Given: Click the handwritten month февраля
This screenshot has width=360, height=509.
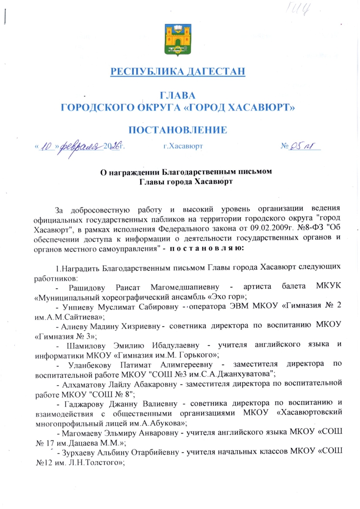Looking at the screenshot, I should (x=82, y=146).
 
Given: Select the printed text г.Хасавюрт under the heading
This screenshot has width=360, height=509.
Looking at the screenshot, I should (x=183, y=147).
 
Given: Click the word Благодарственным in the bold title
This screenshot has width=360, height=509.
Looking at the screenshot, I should (x=212, y=172).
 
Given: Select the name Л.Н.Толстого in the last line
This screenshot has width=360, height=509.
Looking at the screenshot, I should (x=94, y=461).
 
